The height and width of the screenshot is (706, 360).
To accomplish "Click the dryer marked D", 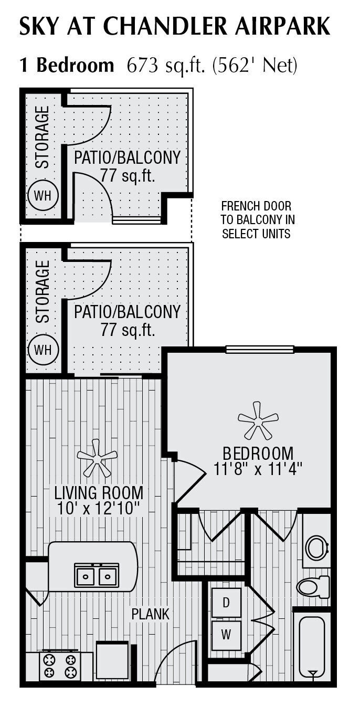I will point(226,602).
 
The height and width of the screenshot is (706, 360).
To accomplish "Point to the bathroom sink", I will point(317,548).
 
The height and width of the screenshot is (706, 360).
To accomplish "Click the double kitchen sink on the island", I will point(97,575).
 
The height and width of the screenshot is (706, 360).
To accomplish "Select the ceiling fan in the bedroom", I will point(258,419).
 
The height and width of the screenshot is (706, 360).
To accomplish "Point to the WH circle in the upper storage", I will point(43,196).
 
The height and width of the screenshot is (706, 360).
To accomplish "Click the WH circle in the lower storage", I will point(43,349).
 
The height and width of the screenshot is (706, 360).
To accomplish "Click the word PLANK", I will point(151,614).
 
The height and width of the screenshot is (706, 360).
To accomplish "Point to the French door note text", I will point(256,220).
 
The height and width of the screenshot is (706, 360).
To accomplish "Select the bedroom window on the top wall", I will point(259,349).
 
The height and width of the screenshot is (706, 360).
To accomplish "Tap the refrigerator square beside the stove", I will point(112,661).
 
